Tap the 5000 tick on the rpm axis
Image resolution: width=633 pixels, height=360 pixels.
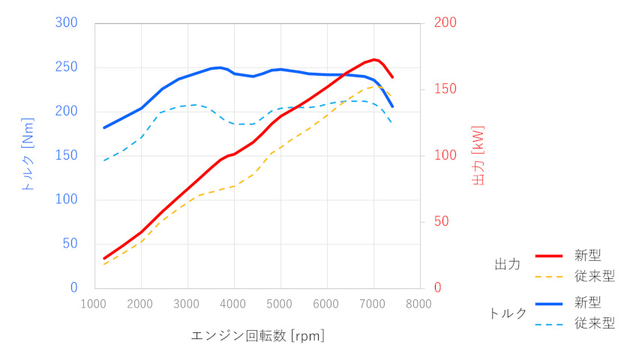point(280,304)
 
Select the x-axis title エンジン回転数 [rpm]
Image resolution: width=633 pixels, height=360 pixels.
point(257,335)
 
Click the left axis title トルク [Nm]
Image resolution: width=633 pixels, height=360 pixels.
point(28,155)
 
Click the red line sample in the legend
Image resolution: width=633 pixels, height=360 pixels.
point(550,256)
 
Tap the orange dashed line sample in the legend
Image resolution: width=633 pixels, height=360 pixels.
point(550,276)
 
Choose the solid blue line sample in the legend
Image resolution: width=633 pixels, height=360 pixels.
point(550,302)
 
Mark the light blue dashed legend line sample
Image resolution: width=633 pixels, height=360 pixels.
point(550,324)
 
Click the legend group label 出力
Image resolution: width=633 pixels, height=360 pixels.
point(508,265)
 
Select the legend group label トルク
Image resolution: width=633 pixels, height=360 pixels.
point(508,313)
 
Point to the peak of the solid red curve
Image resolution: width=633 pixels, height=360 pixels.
point(374,59)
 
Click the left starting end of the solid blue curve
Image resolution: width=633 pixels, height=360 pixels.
point(104,127)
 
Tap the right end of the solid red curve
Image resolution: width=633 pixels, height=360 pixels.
point(392,77)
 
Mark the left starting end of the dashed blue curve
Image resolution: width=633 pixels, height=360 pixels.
point(104,160)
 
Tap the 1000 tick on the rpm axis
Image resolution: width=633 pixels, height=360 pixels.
point(94,304)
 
